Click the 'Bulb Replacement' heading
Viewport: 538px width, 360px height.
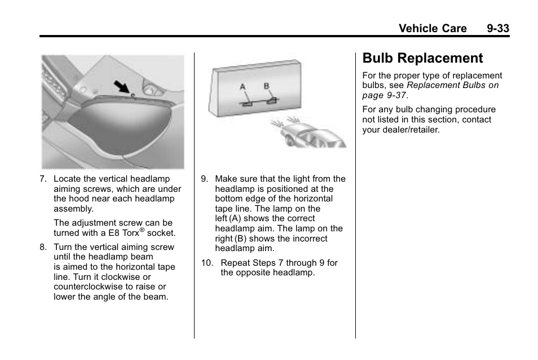pos(423,58)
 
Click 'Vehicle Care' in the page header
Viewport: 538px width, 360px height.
pos(432,28)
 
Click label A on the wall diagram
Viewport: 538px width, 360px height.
pos(243,87)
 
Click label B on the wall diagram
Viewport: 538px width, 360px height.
pos(267,86)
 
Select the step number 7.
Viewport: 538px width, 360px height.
pos(42,179)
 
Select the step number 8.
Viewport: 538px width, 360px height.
pos(42,247)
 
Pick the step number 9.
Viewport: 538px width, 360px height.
pos(204,179)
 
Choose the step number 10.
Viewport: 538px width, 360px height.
pos(207,262)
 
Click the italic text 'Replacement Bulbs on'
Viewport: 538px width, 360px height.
pos(452,85)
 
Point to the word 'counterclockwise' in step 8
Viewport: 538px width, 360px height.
pos(86,287)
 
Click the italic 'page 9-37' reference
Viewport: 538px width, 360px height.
pos(384,95)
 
